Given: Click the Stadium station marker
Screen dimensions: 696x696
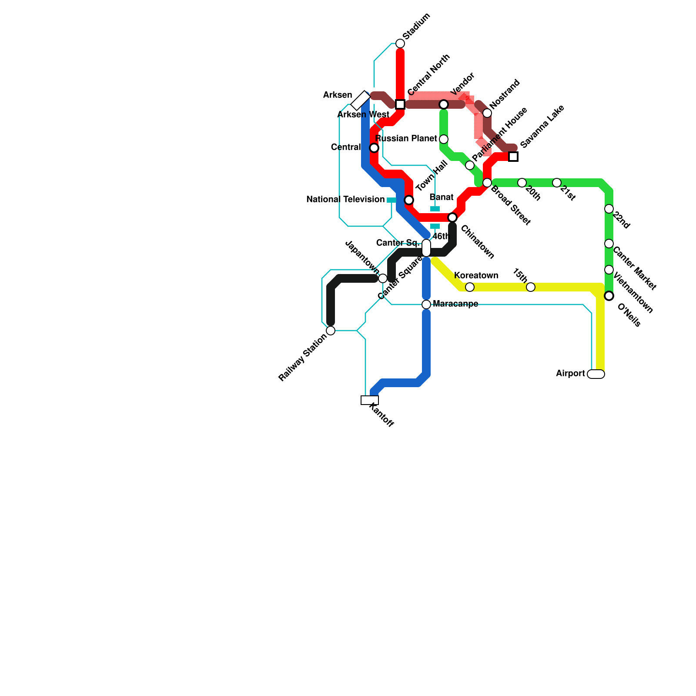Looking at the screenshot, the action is pyautogui.click(x=400, y=43).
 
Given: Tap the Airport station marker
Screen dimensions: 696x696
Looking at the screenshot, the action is pyautogui.click(x=596, y=374).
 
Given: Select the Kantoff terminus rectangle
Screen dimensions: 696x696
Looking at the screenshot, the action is pyautogui.click(x=370, y=400).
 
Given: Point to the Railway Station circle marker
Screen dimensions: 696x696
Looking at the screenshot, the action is pyautogui.click(x=331, y=331).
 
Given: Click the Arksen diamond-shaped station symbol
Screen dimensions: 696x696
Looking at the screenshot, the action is pyautogui.click(x=361, y=100).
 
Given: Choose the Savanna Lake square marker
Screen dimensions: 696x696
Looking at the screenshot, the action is pyautogui.click(x=513, y=157).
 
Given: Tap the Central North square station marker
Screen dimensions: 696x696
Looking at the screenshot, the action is pyautogui.click(x=400, y=104).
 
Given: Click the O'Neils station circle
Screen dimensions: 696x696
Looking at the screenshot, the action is pyautogui.click(x=609, y=296).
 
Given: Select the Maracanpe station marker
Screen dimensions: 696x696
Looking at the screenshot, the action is pyautogui.click(x=426, y=304).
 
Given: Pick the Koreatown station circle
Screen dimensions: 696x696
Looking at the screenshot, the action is pyautogui.click(x=470, y=287).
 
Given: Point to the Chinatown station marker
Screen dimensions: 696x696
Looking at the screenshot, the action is pyautogui.click(x=452, y=217).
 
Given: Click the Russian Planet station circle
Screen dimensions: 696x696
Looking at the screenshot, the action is pyautogui.click(x=444, y=139).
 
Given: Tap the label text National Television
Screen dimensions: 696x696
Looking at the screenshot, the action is pyautogui.click(x=345, y=200).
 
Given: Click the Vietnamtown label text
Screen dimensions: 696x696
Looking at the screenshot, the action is pyautogui.click(x=633, y=293).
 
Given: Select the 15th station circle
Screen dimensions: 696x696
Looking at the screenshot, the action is pyautogui.click(x=531, y=287).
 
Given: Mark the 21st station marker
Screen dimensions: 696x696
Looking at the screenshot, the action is pyautogui.click(x=557, y=183).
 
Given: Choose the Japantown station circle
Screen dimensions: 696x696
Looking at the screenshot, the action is pyautogui.click(x=383, y=278).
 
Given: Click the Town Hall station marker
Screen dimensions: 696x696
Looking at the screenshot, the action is pyautogui.click(x=409, y=200).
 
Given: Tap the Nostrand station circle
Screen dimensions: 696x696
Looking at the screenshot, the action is pyautogui.click(x=487, y=113).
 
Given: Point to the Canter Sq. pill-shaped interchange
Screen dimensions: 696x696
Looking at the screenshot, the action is pyautogui.click(x=426, y=248).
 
